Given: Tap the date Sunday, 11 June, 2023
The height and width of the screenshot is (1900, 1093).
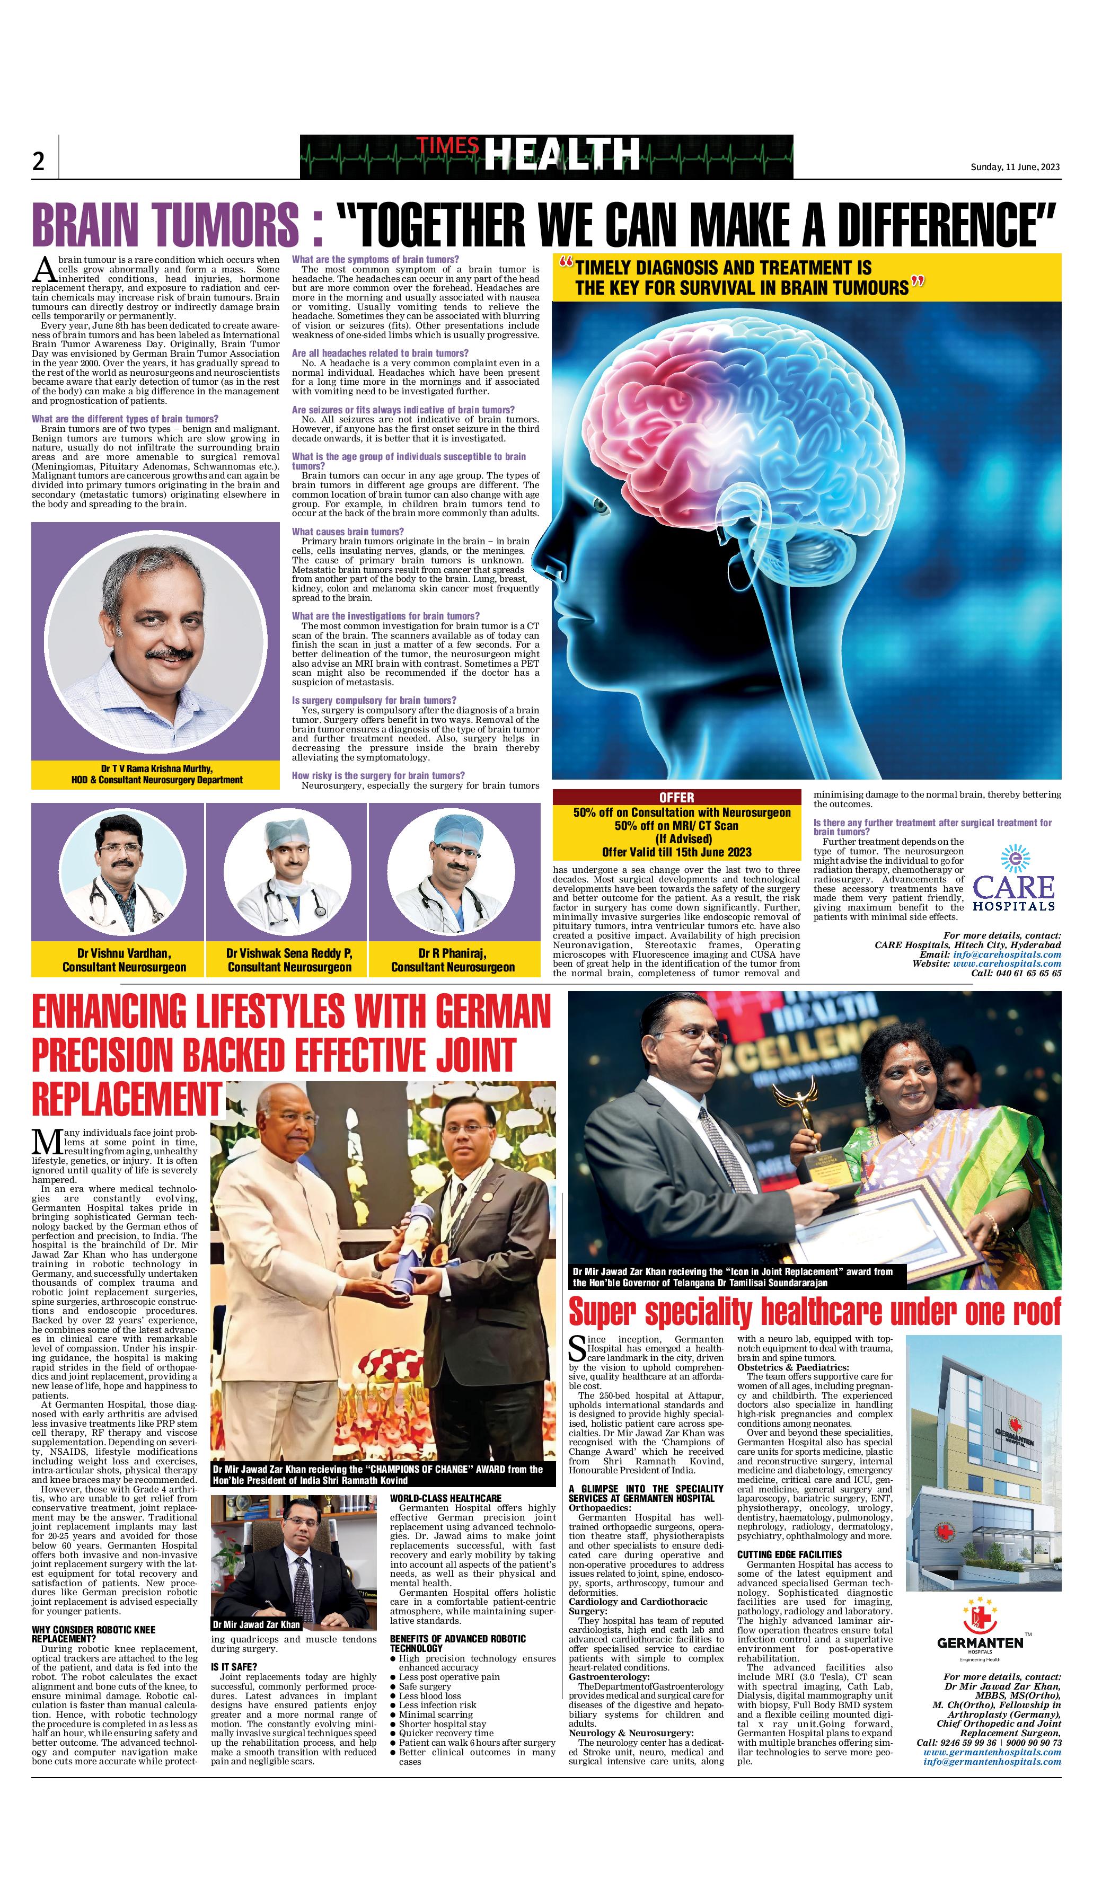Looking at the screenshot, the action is [x=1015, y=166].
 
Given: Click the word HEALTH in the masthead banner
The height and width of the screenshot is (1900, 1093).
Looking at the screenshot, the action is [x=561, y=155].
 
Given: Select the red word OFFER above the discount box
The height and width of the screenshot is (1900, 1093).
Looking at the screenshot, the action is [x=676, y=797].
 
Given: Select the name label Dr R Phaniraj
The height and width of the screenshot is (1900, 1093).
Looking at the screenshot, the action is [x=453, y=953].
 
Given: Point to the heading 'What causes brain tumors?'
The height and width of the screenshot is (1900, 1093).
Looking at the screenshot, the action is [x=348, y=531].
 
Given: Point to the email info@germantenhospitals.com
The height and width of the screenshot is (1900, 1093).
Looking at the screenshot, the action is [x=992, y=1761].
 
